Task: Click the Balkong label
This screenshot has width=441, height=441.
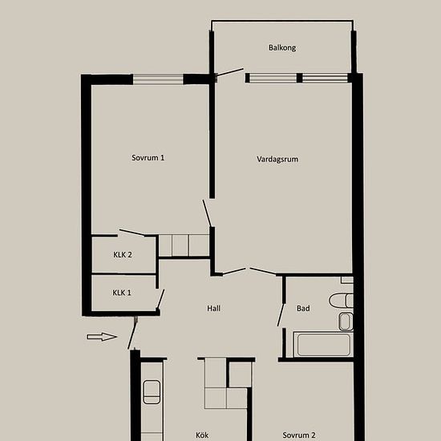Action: tap(282, 47)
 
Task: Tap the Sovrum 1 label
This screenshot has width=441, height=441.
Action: tap(148, 157)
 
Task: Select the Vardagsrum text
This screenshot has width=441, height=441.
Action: tap(277, 160)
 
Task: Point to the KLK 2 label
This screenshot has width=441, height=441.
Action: tap(123, 254)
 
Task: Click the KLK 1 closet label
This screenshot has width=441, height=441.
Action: tap(122, 293)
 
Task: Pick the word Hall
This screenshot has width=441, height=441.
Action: tap(214, 308)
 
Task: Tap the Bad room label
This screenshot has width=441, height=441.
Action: tap(303, 308)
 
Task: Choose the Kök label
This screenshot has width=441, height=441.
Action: tap(202, 435)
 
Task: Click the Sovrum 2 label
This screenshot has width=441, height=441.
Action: tap(299, 435)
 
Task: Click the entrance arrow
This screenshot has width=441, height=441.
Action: tap(102, 337)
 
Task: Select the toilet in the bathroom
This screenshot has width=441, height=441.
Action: tap(341, 301)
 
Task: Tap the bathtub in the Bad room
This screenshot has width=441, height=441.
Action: tap(323, 345)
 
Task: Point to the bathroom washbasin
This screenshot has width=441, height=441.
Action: tap(346, 322)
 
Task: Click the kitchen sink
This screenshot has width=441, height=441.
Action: tap(152, 392)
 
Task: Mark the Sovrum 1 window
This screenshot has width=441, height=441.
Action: tap(158, 79)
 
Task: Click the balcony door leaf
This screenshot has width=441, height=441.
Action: tap(230, 72)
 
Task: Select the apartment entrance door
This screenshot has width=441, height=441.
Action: tap(132, 334)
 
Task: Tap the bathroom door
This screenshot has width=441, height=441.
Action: tap(281, 315)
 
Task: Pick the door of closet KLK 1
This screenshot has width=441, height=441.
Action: tap(160, 299)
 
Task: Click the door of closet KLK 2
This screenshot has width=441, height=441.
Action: tap(132, 233)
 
